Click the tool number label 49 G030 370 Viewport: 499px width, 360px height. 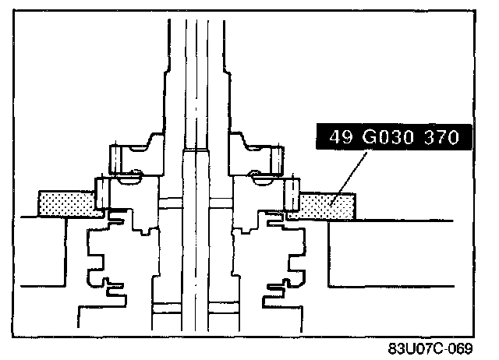(x=394, y=137)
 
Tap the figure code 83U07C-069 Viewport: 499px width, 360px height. (x=430, y=349)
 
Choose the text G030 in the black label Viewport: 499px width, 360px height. (x=388, y=137)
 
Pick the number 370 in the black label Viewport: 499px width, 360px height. (x=442, y=137)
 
